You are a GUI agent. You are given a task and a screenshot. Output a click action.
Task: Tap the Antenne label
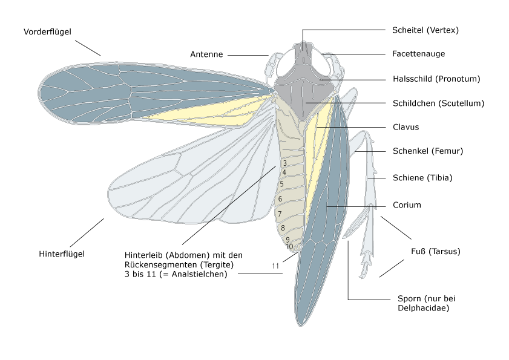(x=206, y=54)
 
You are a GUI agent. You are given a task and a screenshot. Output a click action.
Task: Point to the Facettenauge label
(x=419, y=54)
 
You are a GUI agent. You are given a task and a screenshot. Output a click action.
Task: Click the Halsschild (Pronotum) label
(x=436, y=79)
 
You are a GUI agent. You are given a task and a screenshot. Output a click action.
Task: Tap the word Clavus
(x=406, y=128)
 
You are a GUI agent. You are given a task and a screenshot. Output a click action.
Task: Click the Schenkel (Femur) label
(x=427, y=151)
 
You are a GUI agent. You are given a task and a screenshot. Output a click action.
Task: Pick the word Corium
(x=407, y=205)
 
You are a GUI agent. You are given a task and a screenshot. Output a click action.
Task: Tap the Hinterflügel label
(x=62, y=254)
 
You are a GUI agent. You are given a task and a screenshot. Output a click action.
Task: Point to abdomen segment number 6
(x=280, y=199)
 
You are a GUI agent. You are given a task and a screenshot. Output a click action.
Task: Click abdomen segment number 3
(x=284, y=163)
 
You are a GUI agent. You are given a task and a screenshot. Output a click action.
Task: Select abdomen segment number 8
(x=283, y=228)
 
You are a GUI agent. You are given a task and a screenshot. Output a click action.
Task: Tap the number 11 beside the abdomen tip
(x=275, y=266)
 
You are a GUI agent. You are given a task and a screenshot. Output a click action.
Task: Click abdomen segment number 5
(x=281, y=184)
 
